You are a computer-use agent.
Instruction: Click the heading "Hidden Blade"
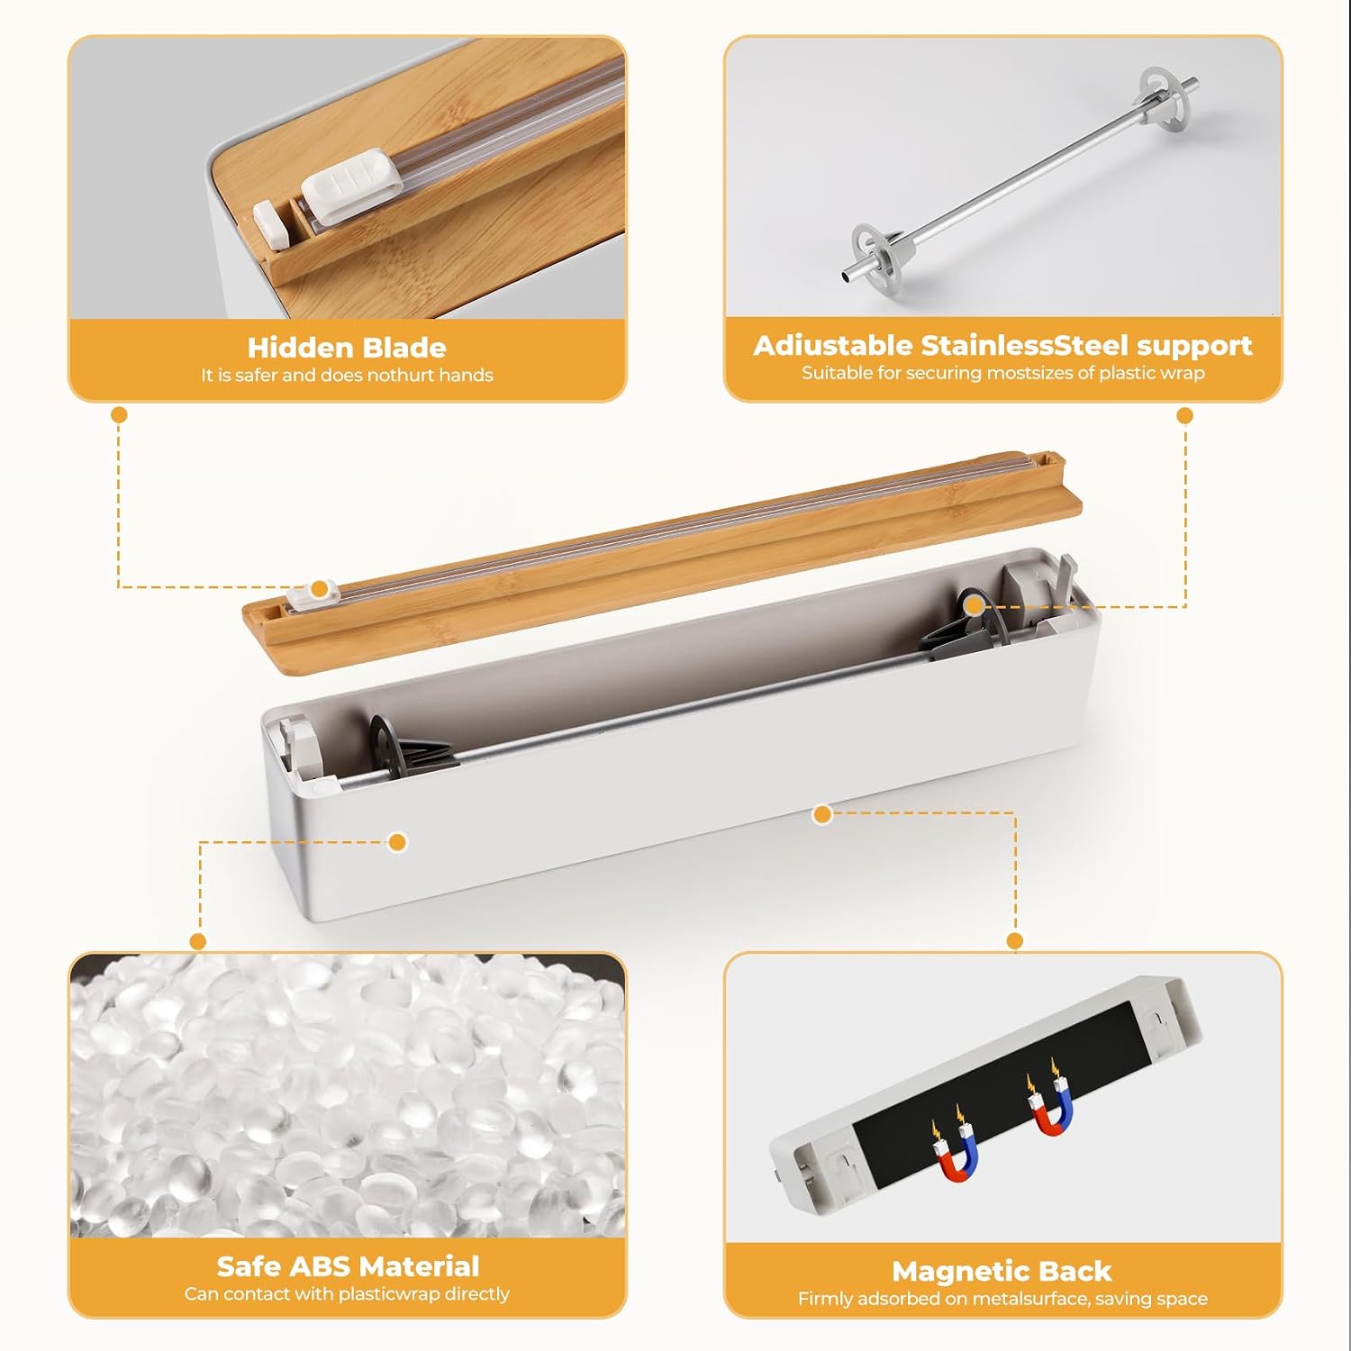pos(347,348)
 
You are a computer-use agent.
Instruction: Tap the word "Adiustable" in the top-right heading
pos(833,346)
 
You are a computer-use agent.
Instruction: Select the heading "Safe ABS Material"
pos(348,1266)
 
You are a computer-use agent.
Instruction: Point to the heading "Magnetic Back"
pos(1002,1271)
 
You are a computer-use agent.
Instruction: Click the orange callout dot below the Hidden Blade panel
pos(119,415)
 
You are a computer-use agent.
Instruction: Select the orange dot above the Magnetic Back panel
pos(1015,941)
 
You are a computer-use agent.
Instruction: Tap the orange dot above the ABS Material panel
pos(198,941)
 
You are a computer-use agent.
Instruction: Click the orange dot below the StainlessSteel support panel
pos(1185,415)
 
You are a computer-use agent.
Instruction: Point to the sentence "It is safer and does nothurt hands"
pos(347,376)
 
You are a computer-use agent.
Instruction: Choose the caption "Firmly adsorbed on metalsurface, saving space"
pos(1002,1299)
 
